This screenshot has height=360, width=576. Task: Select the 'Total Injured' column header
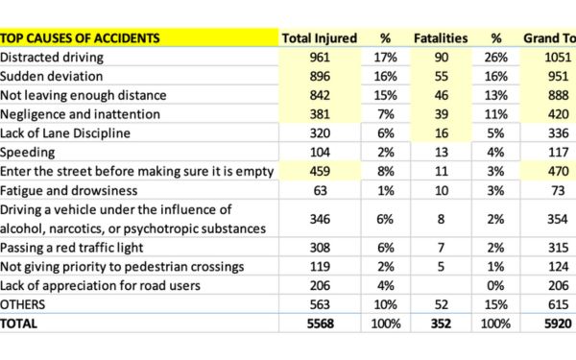[319, 38]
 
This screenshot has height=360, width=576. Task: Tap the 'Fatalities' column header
[441, 38]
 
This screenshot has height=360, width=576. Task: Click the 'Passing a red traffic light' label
[73, 248]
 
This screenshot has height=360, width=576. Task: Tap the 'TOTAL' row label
[20, 324]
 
